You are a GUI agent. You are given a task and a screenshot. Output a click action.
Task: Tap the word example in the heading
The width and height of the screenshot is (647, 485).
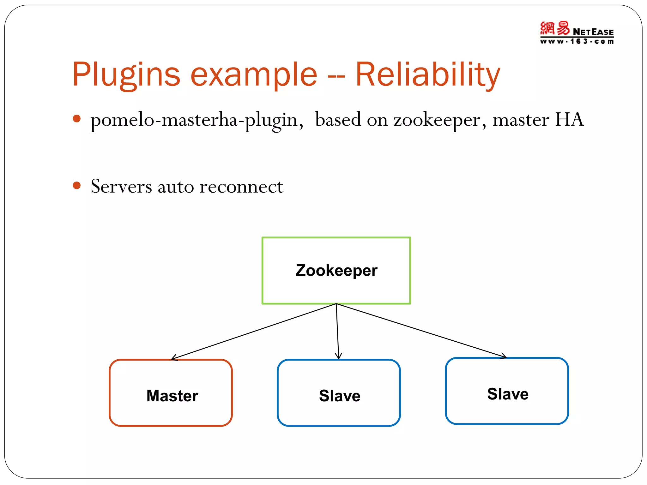coord(254,75)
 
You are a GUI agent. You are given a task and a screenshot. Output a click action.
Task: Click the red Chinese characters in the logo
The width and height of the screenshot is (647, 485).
coord(554,28)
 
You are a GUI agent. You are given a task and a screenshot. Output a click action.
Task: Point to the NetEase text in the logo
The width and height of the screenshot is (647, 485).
coord(593,32)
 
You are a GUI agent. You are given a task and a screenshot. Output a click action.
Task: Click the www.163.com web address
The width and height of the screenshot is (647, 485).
coord(577,41)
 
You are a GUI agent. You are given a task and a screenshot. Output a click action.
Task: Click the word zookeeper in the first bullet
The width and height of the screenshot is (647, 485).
coord(437,120)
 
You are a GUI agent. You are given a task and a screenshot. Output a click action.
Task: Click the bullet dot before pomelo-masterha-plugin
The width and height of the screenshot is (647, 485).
coord(76,119)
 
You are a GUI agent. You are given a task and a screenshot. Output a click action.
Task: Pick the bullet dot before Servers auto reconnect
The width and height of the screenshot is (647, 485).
coord(76,185)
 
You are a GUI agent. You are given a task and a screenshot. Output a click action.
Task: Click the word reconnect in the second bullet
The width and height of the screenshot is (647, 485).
coord(241,186)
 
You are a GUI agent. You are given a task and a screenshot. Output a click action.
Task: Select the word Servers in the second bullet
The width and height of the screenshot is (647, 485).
coord(121,186)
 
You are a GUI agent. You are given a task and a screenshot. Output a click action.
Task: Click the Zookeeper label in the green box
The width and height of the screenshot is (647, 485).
coord(336,270)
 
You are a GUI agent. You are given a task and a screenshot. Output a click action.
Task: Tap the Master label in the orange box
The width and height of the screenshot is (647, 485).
coord(172,396)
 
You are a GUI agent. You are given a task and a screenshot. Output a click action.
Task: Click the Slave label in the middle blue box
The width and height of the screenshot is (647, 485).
coord(340,396)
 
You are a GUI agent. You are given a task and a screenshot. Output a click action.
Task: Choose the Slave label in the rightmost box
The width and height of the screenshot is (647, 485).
coord(508,394)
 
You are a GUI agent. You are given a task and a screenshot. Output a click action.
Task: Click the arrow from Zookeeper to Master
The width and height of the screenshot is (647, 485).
coord(253,332)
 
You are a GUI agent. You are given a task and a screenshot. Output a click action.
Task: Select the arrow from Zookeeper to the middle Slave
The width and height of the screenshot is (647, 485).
coord(337,332)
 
